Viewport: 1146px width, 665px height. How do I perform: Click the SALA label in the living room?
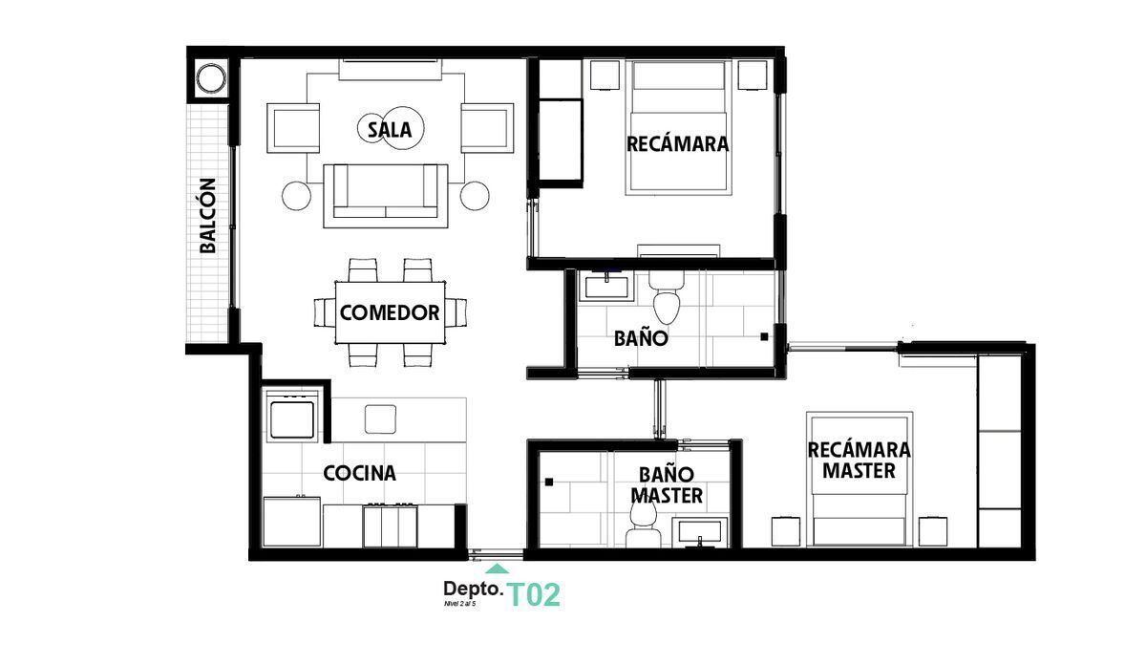tap(390, 129)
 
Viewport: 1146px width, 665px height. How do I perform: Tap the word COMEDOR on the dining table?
tap(390, 312)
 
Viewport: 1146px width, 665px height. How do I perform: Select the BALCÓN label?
tap(207, 216)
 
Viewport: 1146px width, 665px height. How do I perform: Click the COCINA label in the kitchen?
tap(359, 473)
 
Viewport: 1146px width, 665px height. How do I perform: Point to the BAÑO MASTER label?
tap(670, 484)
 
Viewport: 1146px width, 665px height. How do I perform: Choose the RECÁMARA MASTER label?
tap(859, 460)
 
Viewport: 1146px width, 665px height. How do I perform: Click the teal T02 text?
tap(534, 595)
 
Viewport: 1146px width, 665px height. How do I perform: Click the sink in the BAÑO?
tap(605, 286)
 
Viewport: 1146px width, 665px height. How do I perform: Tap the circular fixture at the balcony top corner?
tap(210, 77)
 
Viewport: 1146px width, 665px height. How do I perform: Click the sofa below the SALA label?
tap(386, 196)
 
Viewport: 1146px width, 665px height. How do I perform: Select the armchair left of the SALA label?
tap(294, 128)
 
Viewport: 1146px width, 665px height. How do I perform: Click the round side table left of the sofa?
tap(298, 196)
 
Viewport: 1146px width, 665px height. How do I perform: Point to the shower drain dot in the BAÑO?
tap(764, 336)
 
